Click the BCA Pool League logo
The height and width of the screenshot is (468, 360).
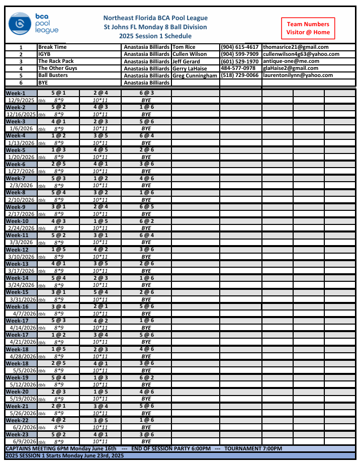[x=33, y=23]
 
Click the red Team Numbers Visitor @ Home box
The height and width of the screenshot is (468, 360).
[x=308, y=28]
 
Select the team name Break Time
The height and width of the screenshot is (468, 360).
[x=53, y=47]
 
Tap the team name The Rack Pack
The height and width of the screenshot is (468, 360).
[x=56, y=61]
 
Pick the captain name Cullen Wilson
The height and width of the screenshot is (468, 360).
[x=190, y=54]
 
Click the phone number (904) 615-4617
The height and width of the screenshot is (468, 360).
[x=240, y=47]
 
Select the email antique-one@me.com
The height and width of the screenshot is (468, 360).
[x=291, y=61]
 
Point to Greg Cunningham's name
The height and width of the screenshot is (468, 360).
[x=195, y=75]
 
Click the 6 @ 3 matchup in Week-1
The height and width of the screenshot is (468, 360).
[x=146, y=93]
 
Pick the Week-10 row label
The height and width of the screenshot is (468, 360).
[x=17, y=221]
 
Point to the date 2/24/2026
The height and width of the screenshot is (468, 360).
[x=21, y=228]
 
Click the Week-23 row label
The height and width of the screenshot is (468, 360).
[x=17, y=434]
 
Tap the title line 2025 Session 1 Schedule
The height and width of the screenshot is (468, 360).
[x=155, y=36]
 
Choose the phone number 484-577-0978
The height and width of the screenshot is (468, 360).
[x=238, y=68]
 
